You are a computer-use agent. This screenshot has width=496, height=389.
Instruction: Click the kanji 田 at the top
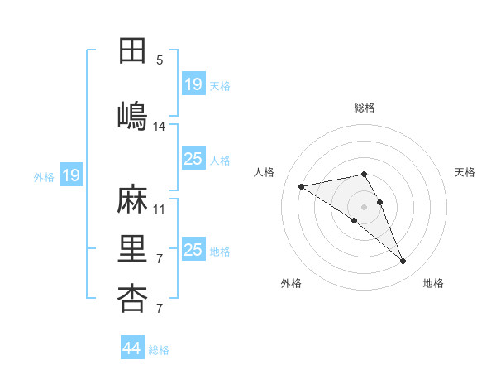(x=132, y=50)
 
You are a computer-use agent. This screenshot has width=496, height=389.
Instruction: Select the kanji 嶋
(x=132, y=115)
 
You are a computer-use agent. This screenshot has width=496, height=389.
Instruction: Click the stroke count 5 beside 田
(x=160, y=60)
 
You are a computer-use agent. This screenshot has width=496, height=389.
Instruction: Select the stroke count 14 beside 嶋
(x=160, y=127)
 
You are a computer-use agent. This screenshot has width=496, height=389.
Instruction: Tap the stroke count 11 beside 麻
(x=160, y=209)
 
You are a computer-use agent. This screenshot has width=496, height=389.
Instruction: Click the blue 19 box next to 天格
(x=193, y=84)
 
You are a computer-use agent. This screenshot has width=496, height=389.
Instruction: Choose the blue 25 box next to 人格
(x=193, y=159)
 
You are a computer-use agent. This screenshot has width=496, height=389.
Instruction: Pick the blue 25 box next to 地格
(x=193, y=250)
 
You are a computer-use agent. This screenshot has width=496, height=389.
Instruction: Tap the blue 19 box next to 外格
(x=70, y=175)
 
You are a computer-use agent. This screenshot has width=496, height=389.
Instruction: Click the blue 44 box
(x=132, y=348)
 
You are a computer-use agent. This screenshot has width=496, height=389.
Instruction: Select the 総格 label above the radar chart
(x=365, y=108)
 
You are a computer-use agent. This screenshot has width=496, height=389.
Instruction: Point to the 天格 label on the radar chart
(x=465, y=172)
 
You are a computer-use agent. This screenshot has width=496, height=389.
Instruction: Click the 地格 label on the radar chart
(x=433, y=283)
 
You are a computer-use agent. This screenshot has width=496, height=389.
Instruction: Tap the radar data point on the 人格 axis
(x=302, y=185)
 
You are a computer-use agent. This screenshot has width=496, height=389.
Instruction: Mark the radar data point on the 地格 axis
(x=403, y=262)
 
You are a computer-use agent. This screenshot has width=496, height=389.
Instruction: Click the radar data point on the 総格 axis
(x=364, y=174)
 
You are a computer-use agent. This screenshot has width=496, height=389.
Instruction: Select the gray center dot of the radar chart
(x=364, y=206)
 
